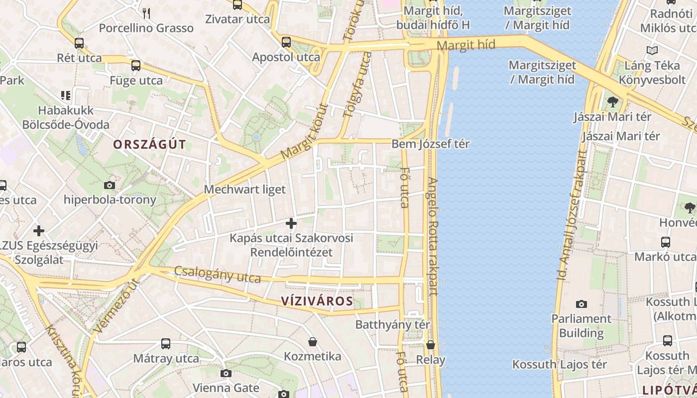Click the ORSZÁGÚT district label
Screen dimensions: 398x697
pyautogui.click(x=149, y=145)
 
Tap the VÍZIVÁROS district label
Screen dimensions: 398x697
pyautogui.click(x=317, y=301)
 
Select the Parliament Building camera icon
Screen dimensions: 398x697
pyautogui.click(x=581, y=304)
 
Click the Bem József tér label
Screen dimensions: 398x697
pyautogui.click(x=431, y=144)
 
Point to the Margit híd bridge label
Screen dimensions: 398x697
pyautogui.click(x=466, y=45)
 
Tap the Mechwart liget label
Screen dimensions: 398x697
pyautogui.click(x=245, y=189)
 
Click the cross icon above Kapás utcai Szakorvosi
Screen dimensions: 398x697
pyautogui.click(x=291, y=223)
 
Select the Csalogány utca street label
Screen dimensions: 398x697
pyautogui.click(x=218, y=274)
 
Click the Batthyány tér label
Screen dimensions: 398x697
pyautogui.click(x=392, y=324)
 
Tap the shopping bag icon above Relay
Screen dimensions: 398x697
pyautogui.click(x=431, y=345)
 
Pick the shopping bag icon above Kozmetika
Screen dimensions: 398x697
pyautogui.click(x=313, y=342)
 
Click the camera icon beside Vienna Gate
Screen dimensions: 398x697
pyautogui.click(x=226, y=373)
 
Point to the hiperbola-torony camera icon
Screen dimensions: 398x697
pyautogui.click(x=110, y=186)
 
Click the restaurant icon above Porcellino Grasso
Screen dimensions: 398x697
pyautogui.click(x=146, y=13)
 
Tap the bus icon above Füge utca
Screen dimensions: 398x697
pyautogui.click(x=136, y=65)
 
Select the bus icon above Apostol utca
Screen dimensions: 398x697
pyautogui.click(x=286, y=42)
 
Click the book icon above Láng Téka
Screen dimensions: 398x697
pyautogui.click(x=652, y=50)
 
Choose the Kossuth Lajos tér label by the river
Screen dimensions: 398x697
pyautogui.click(x=560, y=364)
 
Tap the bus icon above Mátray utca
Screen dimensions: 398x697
pyautogui.click(x=166, y=343)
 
